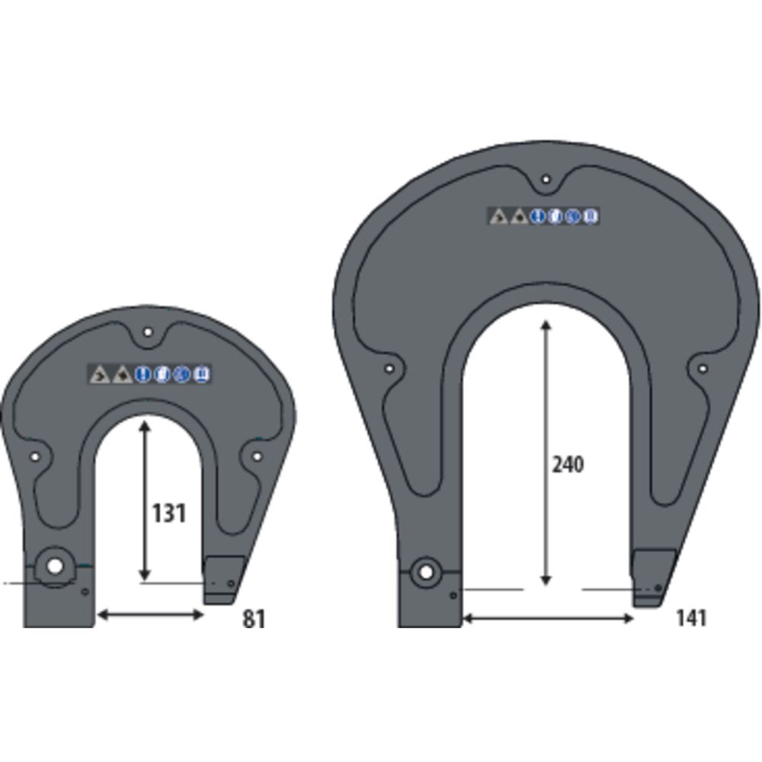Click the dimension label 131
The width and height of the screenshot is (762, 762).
[168, 514]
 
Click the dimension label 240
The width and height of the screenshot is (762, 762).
[568, 464]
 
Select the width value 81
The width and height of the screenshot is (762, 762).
[254, 619]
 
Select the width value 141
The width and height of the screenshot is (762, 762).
[690, 617]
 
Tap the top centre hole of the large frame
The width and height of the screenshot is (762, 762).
[546, 180]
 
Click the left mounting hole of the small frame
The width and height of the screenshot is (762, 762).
[34, 457]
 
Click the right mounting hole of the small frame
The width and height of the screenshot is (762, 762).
[257, 456]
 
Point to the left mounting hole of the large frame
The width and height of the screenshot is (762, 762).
[389, 369]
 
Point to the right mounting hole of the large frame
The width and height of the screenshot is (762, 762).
[702, 369]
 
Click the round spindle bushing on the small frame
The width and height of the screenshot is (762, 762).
[54, 567]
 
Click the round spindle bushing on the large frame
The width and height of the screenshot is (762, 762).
[425, 571]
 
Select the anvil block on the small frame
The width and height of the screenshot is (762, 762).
[223, 577]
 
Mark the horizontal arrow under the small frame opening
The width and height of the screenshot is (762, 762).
[149, 614]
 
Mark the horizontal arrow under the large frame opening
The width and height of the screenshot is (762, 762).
[548, 619]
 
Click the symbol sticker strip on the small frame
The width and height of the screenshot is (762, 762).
[150, 374]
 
